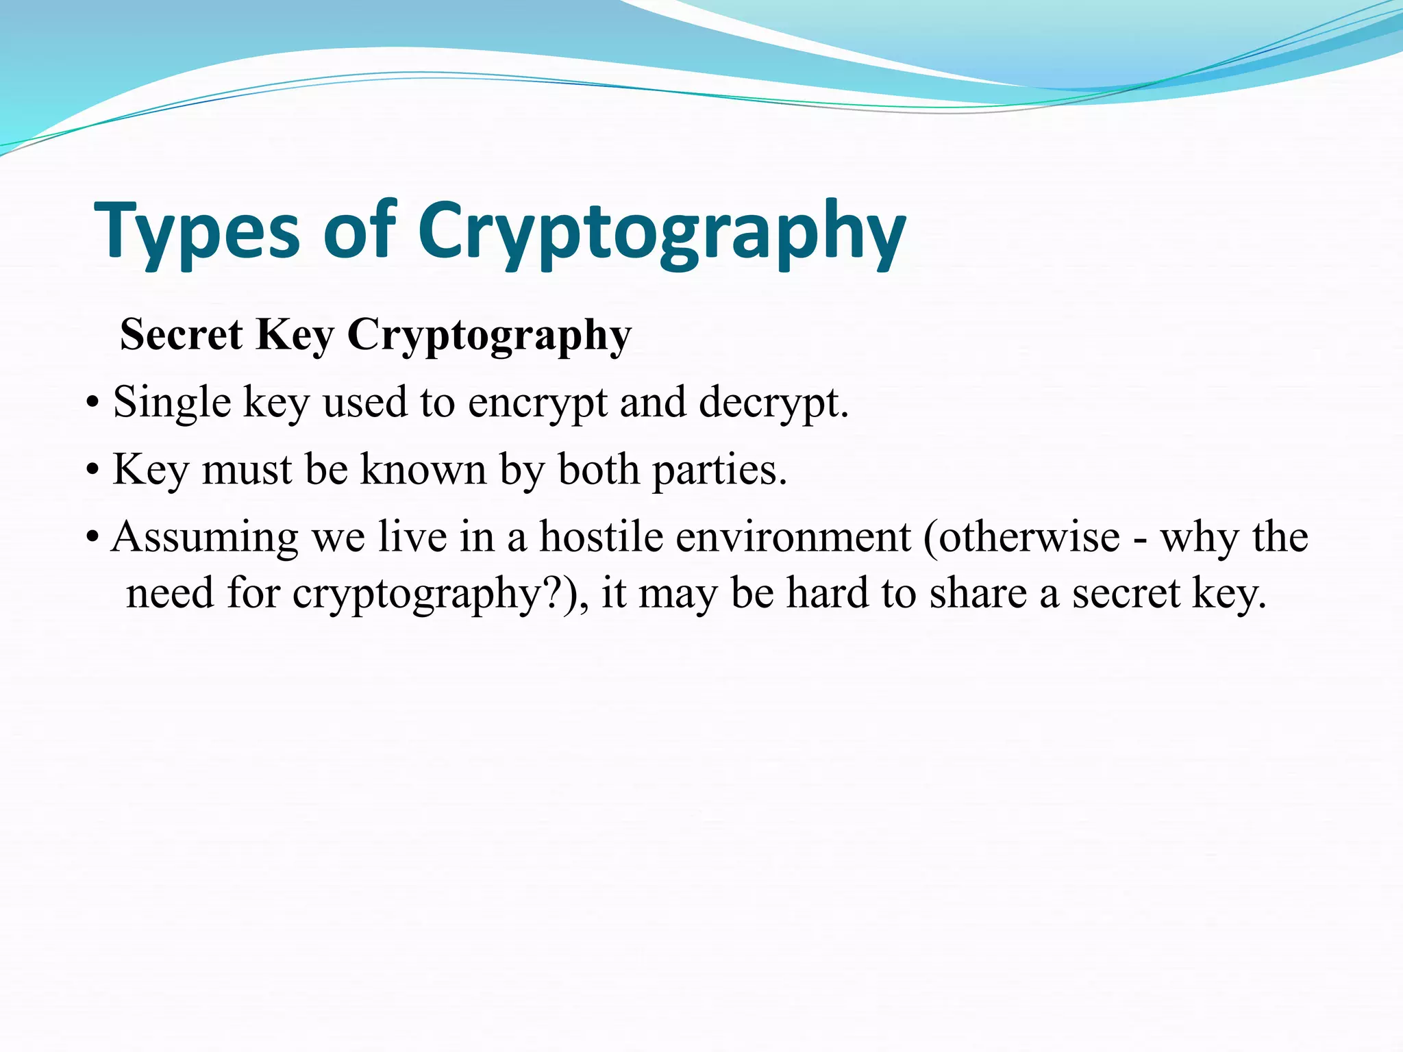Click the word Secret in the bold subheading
pos(181,335)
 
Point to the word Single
pos(172,403)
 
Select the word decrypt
pos(773,403)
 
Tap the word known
pos(423,470)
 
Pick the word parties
pos(719,471)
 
